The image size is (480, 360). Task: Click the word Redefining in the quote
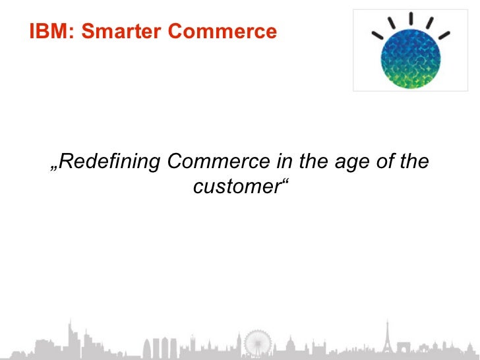(x=109, y=161)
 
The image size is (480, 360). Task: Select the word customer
(x=237, y=187)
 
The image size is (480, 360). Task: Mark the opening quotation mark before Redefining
(x=54, y=167)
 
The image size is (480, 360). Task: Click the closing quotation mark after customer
(x=286, y=181)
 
